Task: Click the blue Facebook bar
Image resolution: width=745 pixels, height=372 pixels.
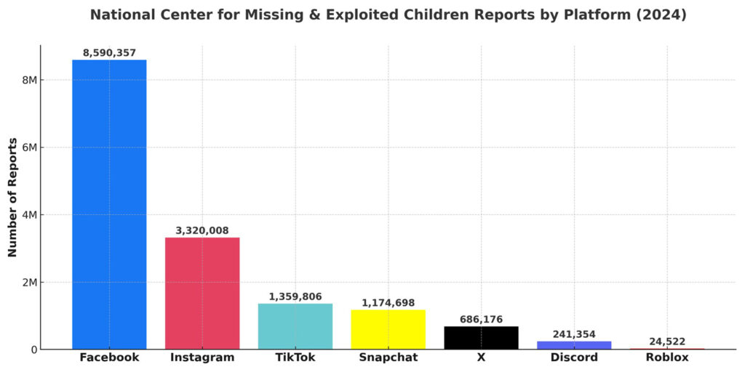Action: pos(109,204)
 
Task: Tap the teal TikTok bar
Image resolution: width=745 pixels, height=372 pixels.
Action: pos(295,326)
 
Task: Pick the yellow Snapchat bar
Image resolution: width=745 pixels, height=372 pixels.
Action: pos(388,329)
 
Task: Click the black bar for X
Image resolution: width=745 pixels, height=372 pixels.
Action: pos(481,338)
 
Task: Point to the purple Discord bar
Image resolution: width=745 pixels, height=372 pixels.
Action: pos(574,345)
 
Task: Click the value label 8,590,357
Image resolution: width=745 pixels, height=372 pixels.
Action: pos(109,53)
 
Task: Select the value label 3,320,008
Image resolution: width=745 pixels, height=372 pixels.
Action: pos(202,231)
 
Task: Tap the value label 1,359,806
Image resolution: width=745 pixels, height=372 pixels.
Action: pos(295,296)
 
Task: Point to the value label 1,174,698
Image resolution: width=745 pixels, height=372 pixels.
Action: pos(388,303)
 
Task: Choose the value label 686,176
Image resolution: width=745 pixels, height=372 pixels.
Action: pos(481,320)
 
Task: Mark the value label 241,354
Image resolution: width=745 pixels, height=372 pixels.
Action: pos(574,334)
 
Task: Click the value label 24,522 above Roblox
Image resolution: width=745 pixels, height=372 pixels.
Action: pos(666,341)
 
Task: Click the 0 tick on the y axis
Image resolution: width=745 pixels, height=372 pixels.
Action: pos(33,349)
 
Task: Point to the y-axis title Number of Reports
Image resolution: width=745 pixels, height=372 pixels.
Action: pos(12,197)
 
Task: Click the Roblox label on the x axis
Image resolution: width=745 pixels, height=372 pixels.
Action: pos(666,357)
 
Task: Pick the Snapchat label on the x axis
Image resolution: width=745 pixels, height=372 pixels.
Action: pos(388,357)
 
